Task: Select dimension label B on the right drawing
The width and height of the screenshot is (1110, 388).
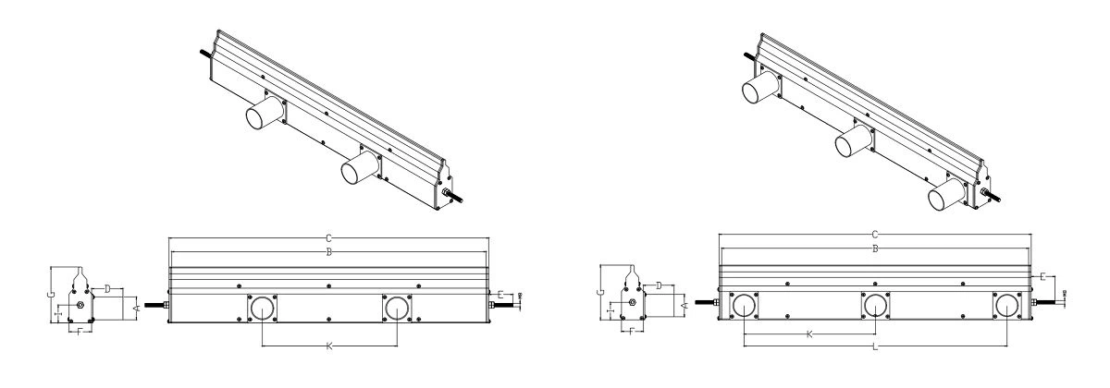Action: pyautogui.click(x=875, y=249)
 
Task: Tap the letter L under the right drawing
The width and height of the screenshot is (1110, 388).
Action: pyautogui.click(x=875, y=348)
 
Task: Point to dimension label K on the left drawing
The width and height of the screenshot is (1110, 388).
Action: pyautogui.click(x=330, y=346)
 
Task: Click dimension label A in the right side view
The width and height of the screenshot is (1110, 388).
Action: pyautogui.click(x=684, y=302)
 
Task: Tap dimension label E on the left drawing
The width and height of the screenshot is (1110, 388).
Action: pyautogui.click(x=500, y=295)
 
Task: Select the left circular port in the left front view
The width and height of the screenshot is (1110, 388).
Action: pyautogui.click(x=263, y=308)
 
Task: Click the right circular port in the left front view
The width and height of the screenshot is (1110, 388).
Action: pyautogui.click(x=398, y=308)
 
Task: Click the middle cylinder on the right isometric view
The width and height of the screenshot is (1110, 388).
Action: pyautogui.click(x=852, y=141)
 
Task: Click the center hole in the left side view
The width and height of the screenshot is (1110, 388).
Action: pyautogui.click(x=80, y=305)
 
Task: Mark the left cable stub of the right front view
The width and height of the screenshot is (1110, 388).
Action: pyautogui.click(x=706, y=300)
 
